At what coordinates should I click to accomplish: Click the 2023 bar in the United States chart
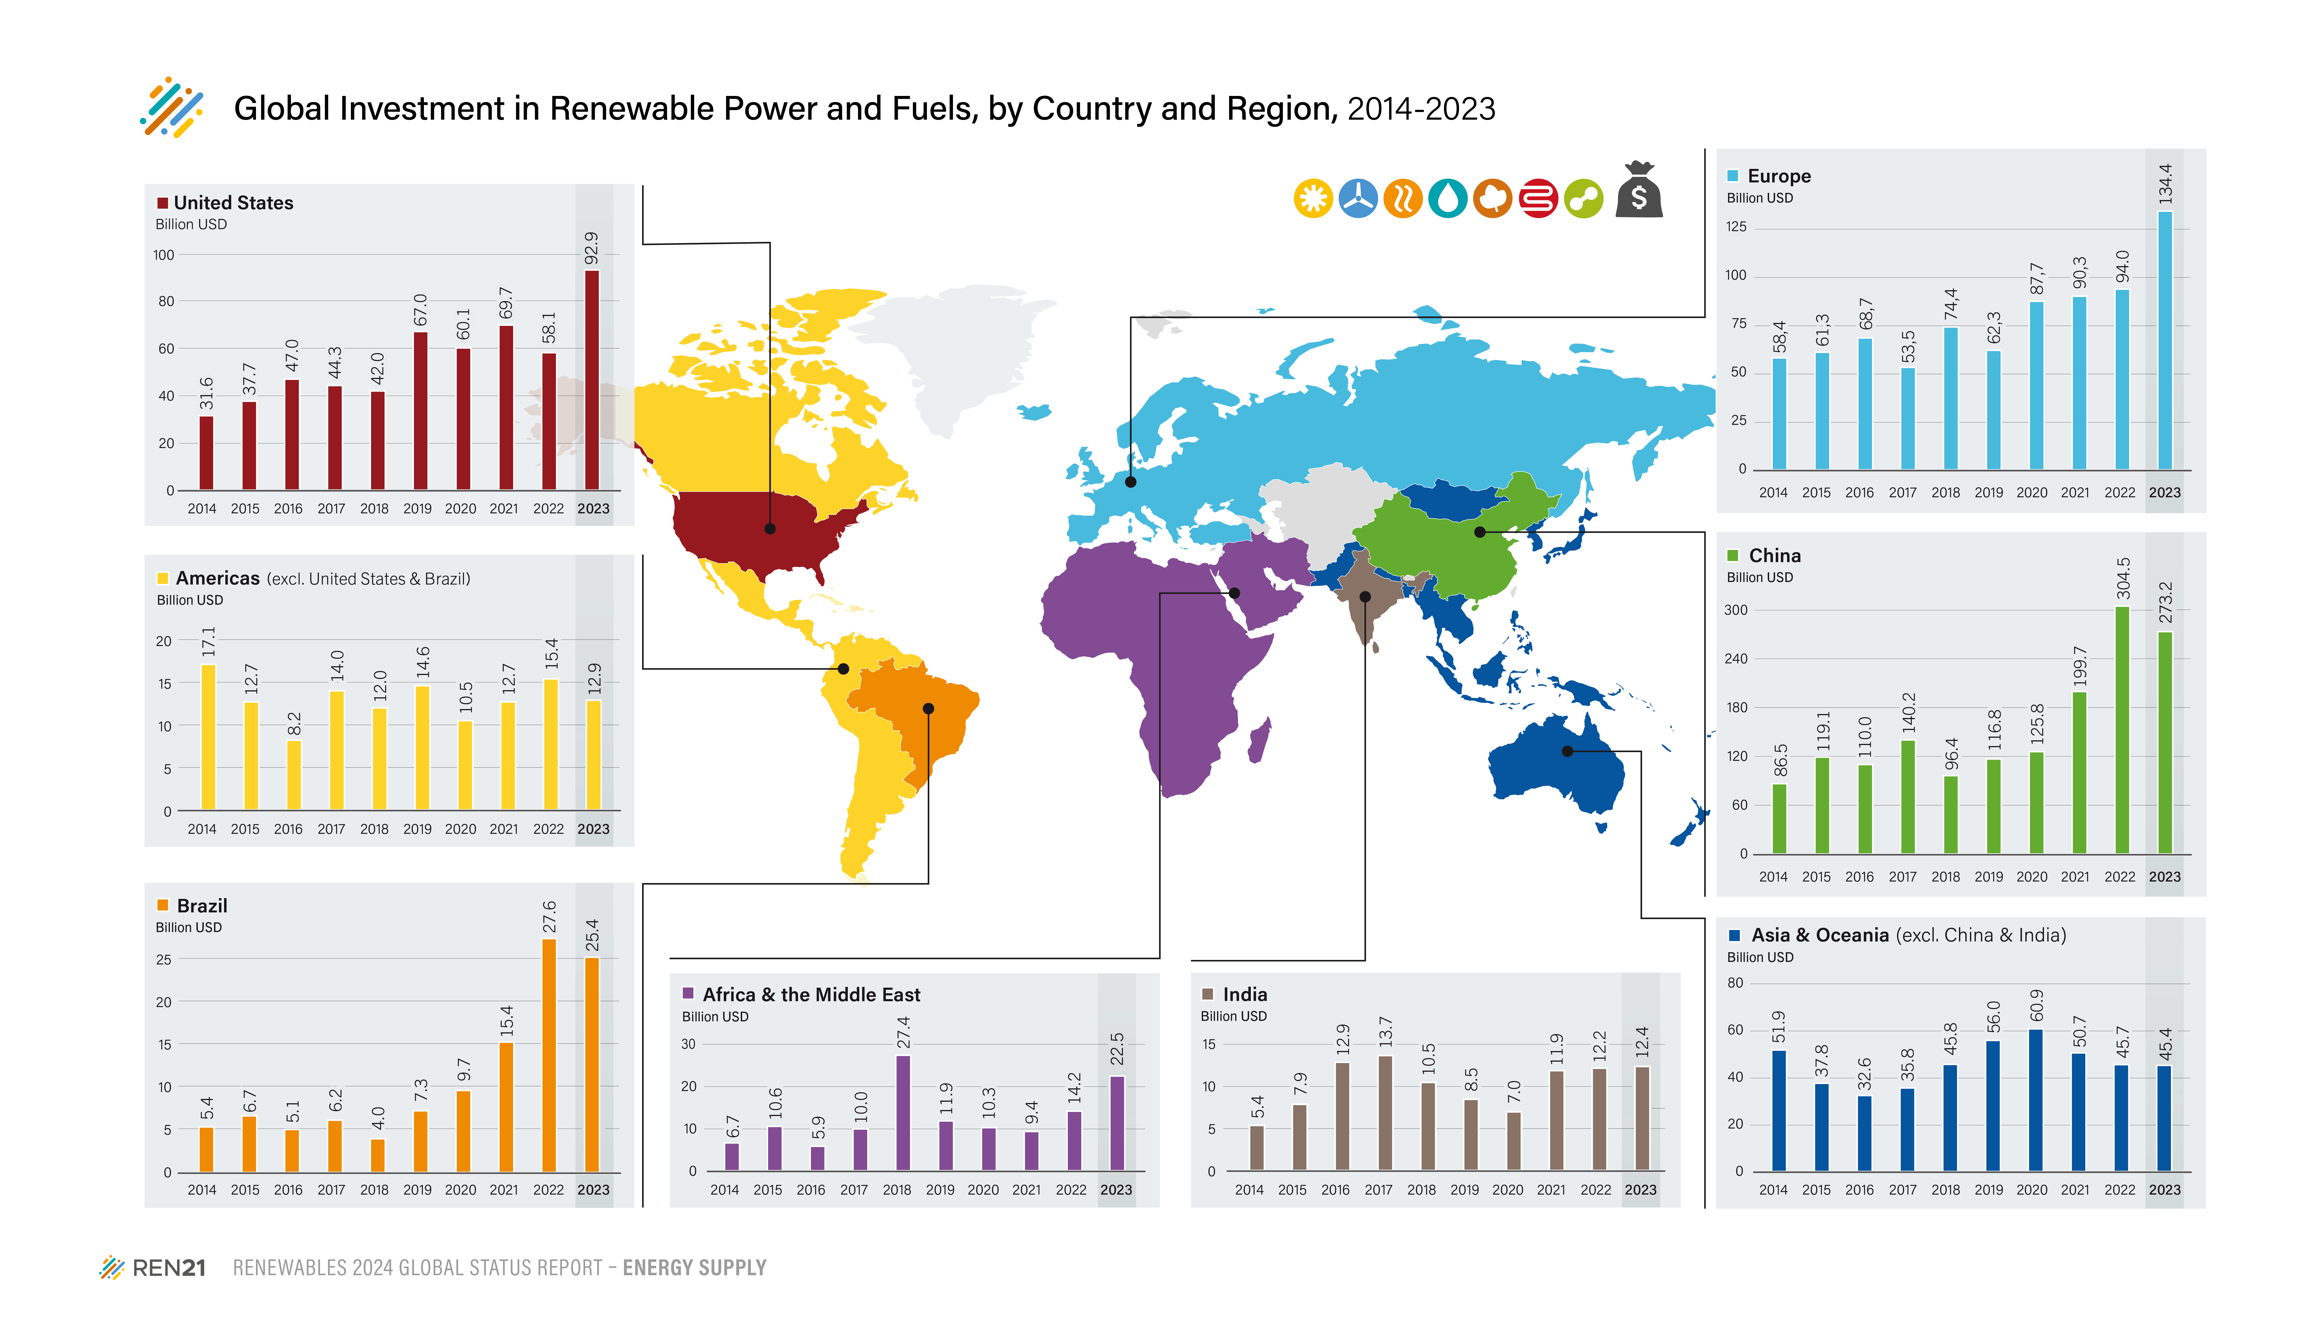coord(592,380)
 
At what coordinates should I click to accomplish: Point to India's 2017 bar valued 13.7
coord(1385,1113)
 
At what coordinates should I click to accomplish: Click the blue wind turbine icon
coord(1358,199)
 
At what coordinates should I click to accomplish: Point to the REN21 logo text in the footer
coord(168,1268)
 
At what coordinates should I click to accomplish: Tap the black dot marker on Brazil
coord(928,709)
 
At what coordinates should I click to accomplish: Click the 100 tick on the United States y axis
coord(164,255)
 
